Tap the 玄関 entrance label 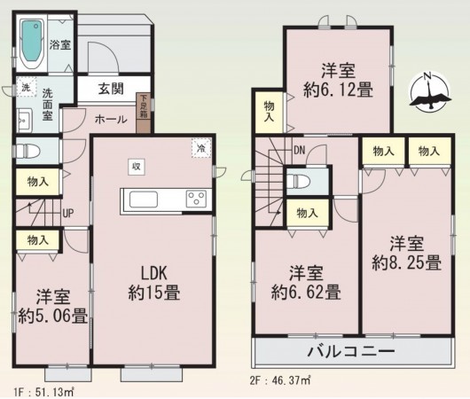click(111, 88)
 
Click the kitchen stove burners click(195, 199)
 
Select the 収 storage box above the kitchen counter click(137, 166)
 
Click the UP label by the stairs click(67, 213)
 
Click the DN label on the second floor click(300, 152)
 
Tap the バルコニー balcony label click(350, 351)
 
